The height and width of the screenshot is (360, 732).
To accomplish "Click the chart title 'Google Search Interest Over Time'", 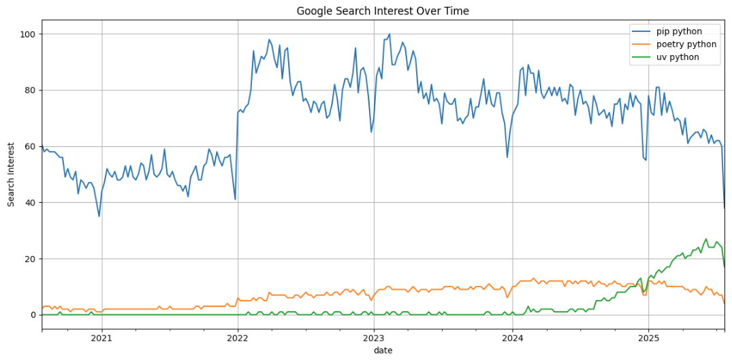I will (382, 11).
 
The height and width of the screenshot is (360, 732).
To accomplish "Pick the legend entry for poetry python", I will (686, 44).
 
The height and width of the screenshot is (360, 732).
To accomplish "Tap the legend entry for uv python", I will (678, 57).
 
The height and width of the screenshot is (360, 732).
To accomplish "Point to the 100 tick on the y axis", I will (30, 34).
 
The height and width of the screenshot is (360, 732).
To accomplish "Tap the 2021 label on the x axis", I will (101, 338).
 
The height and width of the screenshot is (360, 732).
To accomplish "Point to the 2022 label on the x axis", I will (238, 338).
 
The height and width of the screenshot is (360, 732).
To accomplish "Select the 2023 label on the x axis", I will (374, 338).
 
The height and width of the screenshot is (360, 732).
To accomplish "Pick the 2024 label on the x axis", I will (512, 338).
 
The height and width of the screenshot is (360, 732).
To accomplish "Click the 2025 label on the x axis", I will (648, 338).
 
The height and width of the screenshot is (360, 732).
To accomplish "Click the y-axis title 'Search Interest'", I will (12, 175).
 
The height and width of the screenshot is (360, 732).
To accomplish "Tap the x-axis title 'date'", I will (382, 350).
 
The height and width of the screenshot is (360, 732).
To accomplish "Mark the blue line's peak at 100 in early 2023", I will (389, 34).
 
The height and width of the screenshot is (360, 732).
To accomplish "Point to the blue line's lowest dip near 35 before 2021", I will (99, 216).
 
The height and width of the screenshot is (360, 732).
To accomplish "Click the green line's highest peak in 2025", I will (706, 239).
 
